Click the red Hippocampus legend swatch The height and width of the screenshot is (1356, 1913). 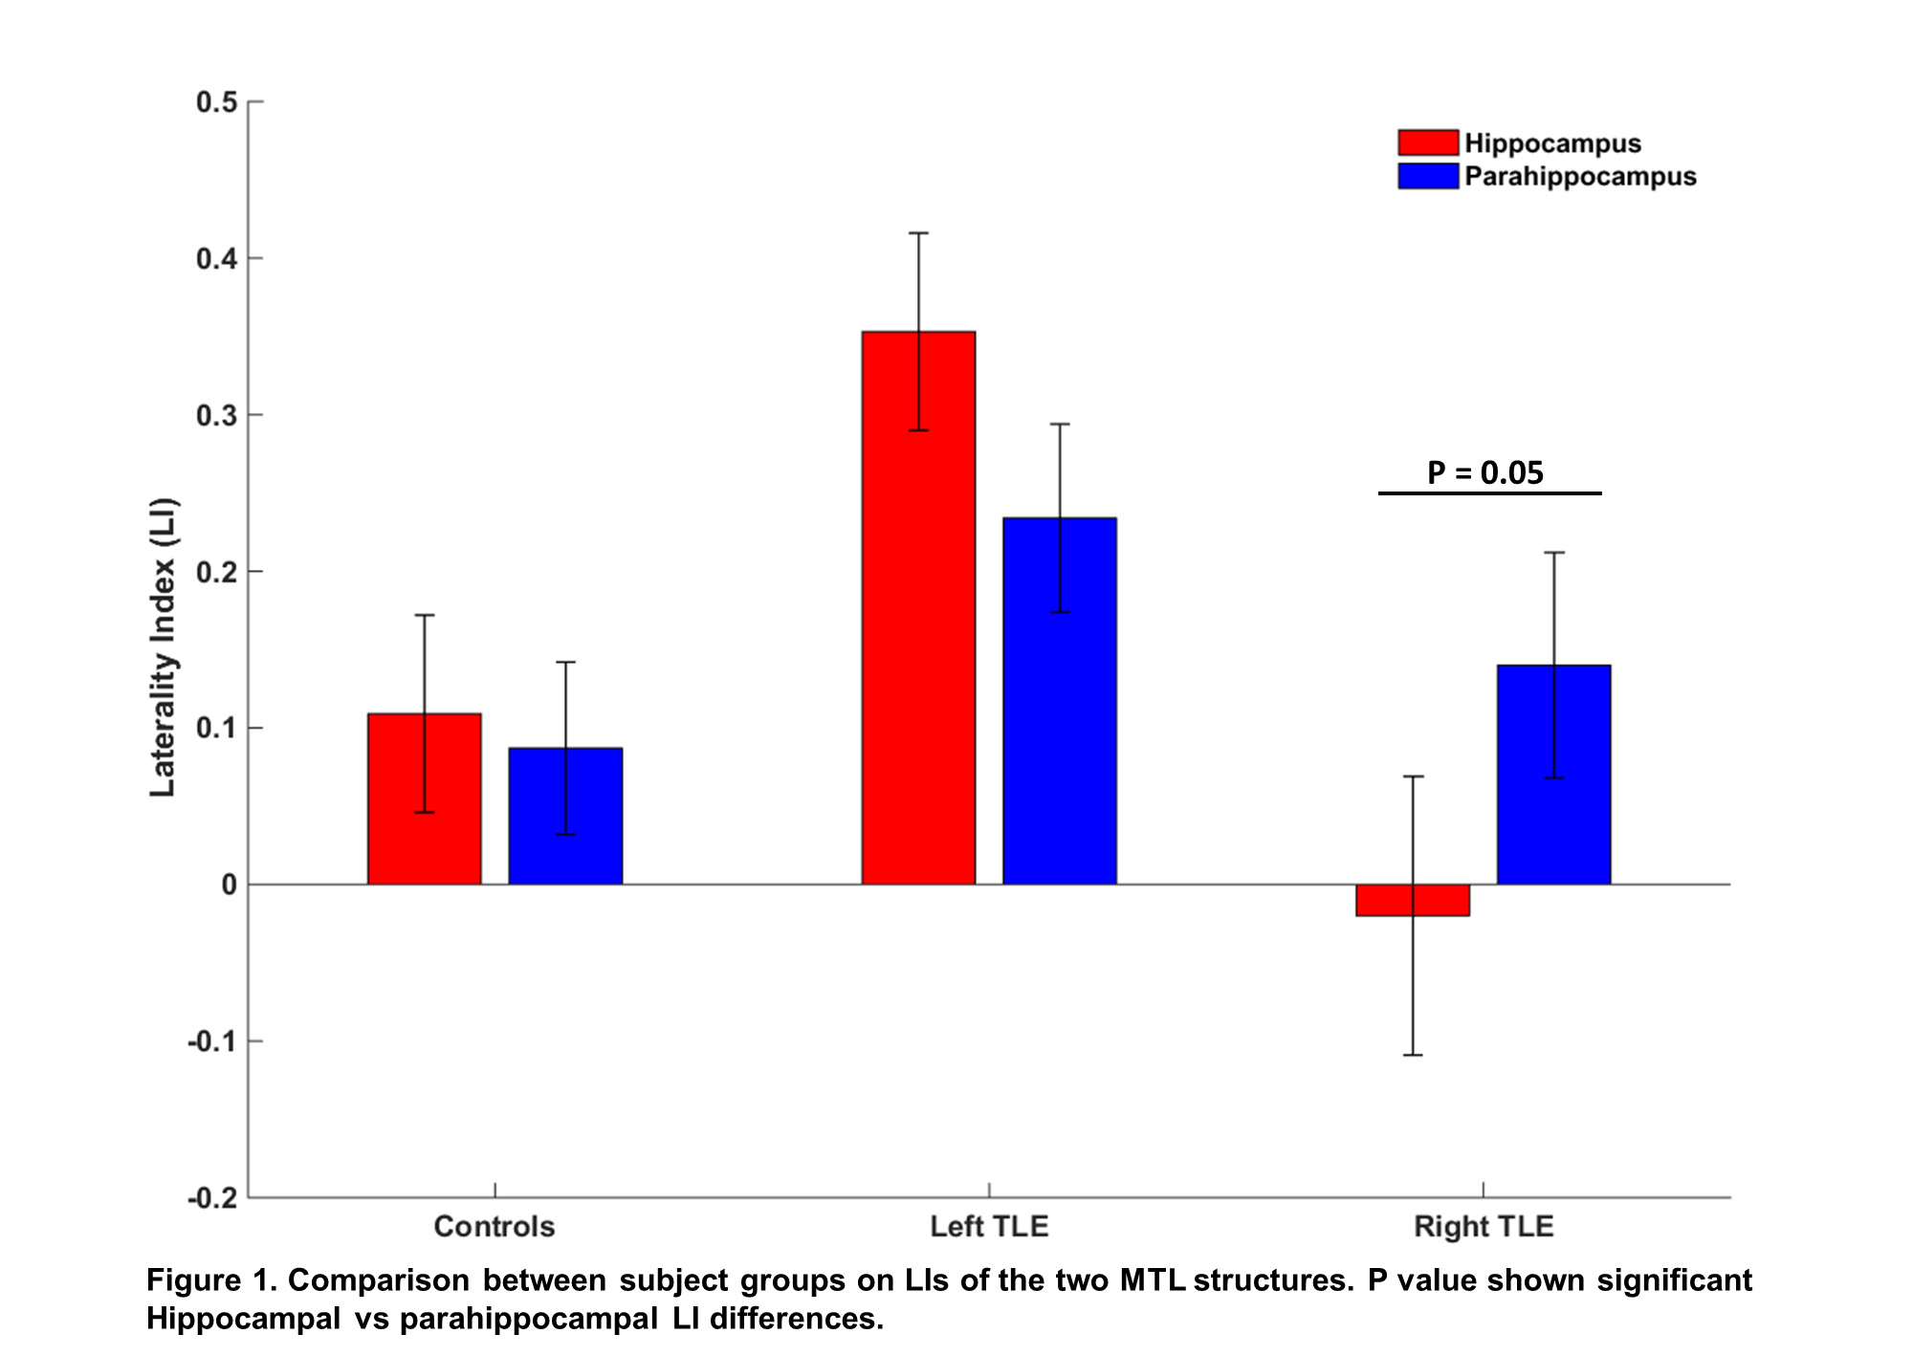coord(1428,142)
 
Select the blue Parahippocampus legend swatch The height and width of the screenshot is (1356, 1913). coord(1428,176)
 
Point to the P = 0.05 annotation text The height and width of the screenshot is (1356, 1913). coord(1485,472)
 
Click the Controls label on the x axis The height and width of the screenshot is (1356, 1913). coord(495,1226)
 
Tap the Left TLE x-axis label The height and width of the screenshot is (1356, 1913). coord(989,1226)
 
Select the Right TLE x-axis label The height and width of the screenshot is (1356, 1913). coord(1484,1226)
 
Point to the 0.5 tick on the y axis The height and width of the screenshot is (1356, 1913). coord(217,102)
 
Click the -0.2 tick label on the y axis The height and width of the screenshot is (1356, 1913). coord(212,1197)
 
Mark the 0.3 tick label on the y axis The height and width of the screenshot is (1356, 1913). coord(217,415)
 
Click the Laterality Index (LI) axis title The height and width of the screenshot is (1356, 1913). coord(163,647)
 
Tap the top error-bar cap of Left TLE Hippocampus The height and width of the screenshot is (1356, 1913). coord(918,233)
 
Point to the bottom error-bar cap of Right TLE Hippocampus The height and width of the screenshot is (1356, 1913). coord(1413,1055)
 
